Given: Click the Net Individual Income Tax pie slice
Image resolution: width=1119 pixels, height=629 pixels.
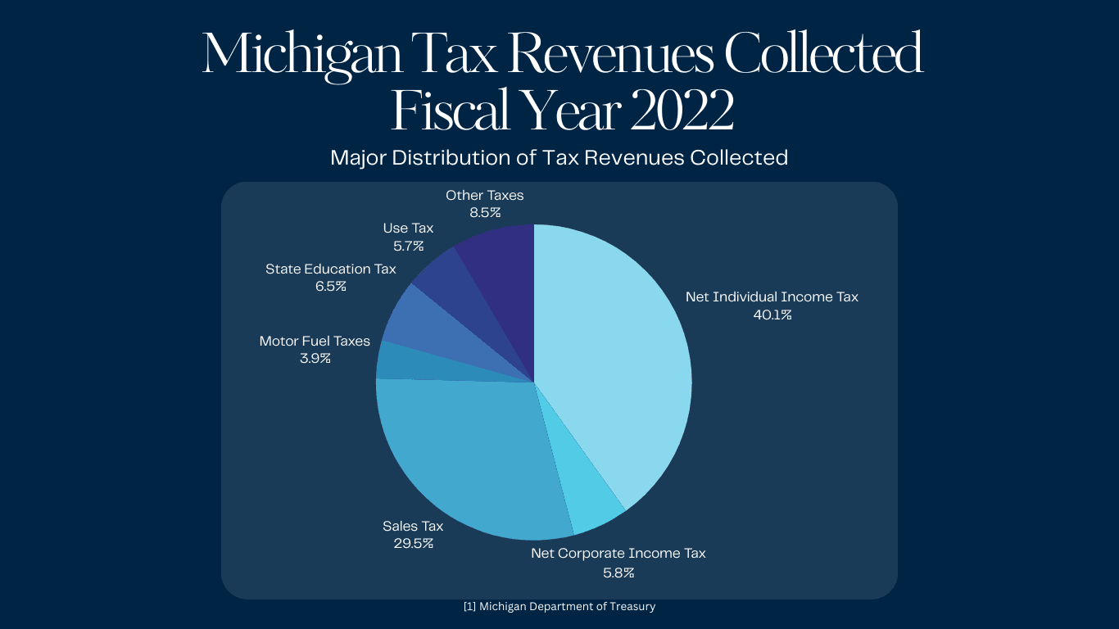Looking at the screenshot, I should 623,352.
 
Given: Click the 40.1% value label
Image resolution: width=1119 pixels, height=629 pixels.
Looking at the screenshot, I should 772,315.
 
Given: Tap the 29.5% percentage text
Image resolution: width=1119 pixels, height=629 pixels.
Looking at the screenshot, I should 413,544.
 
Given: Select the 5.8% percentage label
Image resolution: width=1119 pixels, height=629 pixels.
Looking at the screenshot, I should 618,572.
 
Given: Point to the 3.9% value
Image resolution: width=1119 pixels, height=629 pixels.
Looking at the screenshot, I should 315,359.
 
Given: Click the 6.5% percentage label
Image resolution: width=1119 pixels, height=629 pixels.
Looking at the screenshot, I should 330,287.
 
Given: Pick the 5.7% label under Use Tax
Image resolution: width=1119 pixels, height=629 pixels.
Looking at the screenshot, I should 408,246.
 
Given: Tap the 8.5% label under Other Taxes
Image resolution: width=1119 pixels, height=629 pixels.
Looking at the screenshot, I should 484,213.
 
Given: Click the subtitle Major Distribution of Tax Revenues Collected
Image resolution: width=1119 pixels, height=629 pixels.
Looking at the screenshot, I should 559,157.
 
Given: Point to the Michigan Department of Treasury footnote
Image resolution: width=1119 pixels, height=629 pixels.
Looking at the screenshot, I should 559,607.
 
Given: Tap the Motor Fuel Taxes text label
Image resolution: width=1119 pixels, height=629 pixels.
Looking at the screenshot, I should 315,341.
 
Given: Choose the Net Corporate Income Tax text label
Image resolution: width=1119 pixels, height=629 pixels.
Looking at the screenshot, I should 618,554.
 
